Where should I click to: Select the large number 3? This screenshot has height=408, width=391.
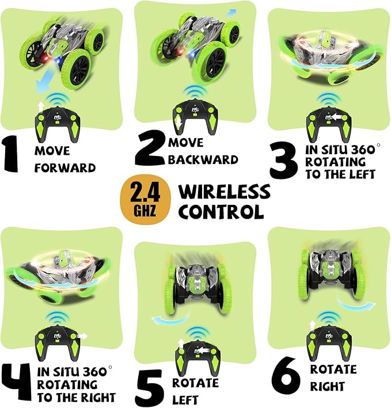284,161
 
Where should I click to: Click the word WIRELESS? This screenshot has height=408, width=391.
224,191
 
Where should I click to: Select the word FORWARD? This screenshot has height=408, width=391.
64,169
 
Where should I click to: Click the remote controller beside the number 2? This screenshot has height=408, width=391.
194,115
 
